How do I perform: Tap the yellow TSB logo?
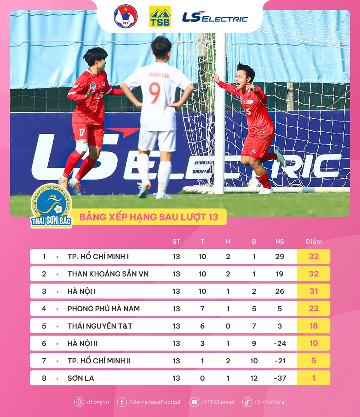(160, 16)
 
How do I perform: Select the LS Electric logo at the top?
(215, 17)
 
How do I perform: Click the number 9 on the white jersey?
(154, 93)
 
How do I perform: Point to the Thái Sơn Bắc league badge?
(51, 206)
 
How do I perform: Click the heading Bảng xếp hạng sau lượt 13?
(149, 217)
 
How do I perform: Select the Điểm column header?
(314, 241)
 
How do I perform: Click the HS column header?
(280, 241)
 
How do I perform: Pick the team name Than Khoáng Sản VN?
(108, 274)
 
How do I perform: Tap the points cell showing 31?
(314, 291)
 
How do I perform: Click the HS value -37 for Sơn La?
(280, 378)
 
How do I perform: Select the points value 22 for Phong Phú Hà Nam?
(314, 309)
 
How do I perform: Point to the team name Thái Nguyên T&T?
(100, 326)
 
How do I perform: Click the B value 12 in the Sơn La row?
(254, 378)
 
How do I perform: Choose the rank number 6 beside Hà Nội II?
(44, 343)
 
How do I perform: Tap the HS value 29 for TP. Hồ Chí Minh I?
(280, 257)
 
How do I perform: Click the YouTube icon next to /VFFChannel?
(194, 402)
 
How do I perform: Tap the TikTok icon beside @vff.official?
(247, 402)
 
